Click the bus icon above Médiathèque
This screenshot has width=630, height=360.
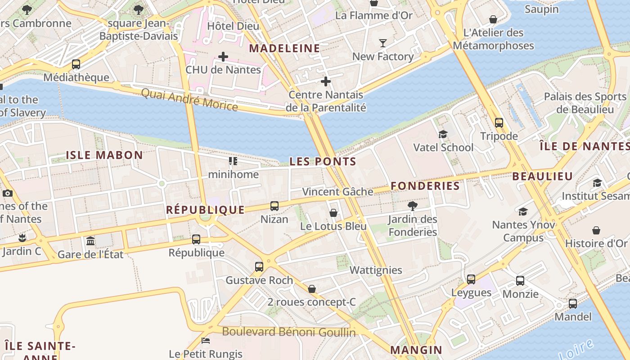click(x=76, y=64)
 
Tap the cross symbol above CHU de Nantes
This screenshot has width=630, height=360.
click(x=223, y=57)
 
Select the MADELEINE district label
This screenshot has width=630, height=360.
click(x=284, y=49)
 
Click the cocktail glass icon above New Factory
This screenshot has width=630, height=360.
click(x=382, y=43)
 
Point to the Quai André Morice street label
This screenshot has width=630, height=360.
click(x=189, y=99)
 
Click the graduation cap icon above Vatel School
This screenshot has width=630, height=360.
click(x=443, y=134)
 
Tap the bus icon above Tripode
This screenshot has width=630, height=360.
click(x=499, y=123)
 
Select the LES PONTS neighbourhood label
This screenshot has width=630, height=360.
click(x=323, y=162)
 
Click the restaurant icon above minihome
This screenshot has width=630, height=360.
click(x=233, y=161)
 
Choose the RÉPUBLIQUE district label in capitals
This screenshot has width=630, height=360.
click(x=205, y=210)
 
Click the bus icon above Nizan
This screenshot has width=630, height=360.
click(x=274, y=206)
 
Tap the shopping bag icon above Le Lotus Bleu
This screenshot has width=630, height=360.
click(x=333, y=213)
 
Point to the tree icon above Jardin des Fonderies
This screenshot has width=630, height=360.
click(x=412, y=206)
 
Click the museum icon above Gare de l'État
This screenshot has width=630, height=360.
click(x=90, y=241)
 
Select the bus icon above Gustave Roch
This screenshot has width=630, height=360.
click(x=259, y=267)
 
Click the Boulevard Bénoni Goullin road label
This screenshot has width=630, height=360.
click(x=289, y=333)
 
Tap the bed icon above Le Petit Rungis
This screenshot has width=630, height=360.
click(x=206, y=341)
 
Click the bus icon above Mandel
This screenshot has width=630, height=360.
click(x=572, y=304)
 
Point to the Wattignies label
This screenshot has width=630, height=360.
click(x=376, y=270)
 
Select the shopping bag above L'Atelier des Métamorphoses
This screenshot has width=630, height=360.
click(x=493, y=19)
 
